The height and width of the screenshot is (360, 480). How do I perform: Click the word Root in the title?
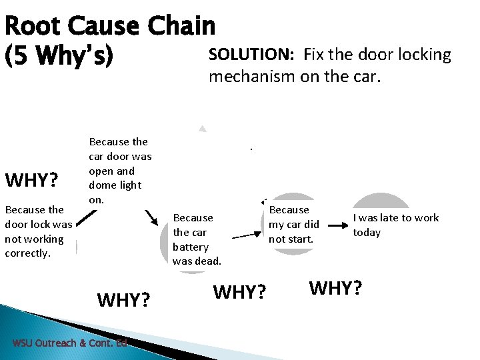pos(32,27)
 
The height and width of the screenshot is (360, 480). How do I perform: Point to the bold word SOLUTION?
pos(253,55)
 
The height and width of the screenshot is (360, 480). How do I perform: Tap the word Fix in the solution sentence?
pos(315,55)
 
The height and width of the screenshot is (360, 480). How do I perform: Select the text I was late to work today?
pos(395,225)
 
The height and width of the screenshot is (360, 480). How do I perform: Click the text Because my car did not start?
pos(293,224)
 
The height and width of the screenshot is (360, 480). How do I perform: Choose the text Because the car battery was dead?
pos(197,239)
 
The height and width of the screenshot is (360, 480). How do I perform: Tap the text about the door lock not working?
pos(38,231)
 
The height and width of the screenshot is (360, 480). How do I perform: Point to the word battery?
pos(191,247)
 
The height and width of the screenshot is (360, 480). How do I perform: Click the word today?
pos(367,233)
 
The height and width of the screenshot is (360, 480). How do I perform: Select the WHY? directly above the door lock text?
pos(31,181)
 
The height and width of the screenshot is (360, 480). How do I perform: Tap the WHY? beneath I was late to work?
pos(335,288)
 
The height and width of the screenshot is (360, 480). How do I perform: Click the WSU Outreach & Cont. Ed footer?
pos(69,343)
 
